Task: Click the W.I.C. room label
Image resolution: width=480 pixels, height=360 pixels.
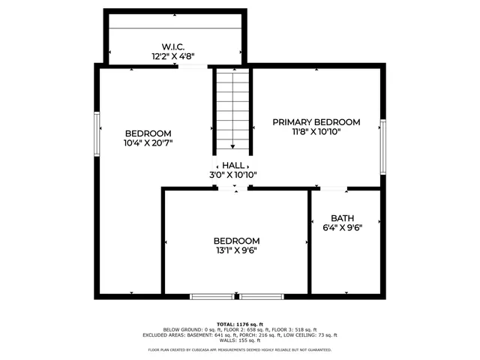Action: point(175,46)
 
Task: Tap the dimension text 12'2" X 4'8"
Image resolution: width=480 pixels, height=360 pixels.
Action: point(175,55)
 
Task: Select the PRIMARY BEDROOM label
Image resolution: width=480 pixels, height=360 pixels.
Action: point(316,121)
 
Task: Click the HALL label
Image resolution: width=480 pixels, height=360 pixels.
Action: point(232,165)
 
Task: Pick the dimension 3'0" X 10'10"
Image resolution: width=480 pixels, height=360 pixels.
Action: point(232,175)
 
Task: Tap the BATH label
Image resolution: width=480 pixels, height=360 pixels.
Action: point(342,217)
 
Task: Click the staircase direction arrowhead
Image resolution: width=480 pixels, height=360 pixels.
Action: point(232,147)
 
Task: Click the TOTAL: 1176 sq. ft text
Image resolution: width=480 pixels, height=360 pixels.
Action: point(239,323)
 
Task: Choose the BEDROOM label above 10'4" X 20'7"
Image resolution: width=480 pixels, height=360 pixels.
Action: point(148,133)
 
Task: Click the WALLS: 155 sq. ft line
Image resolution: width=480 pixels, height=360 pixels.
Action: point(239,340)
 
